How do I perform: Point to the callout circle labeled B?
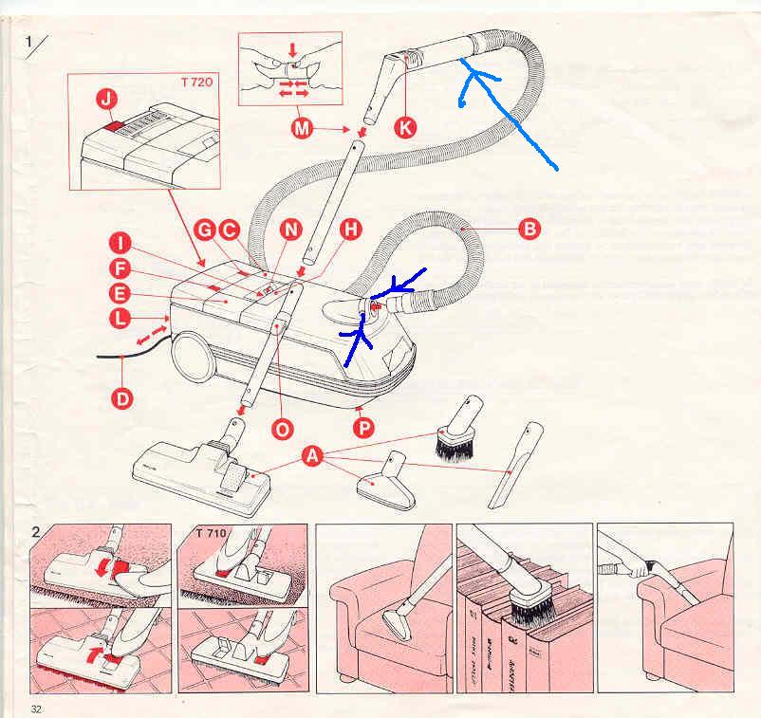click(529, 228)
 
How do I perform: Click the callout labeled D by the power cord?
click(122, 398)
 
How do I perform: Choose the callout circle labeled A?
click(312, 458)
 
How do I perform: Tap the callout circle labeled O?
click(282, 429)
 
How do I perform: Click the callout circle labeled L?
click(121, 320)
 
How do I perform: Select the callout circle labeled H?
click(350, 229)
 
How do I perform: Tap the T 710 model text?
click(211, 534)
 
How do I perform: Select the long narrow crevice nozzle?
click(515, 467)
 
